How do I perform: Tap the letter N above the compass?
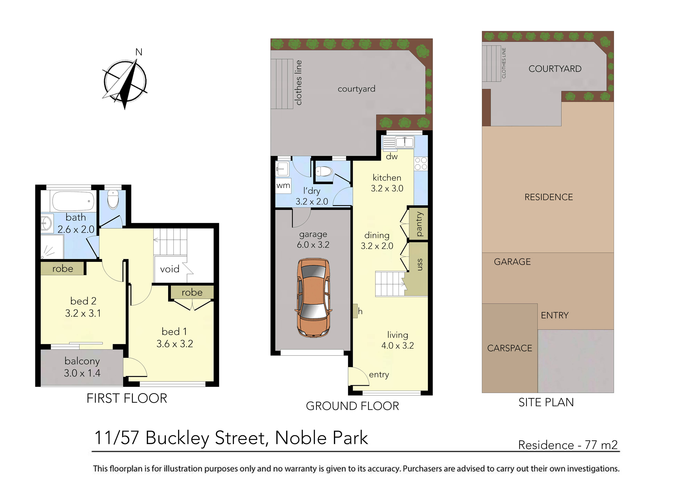[x=139, y=52]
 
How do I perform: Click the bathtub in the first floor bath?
[x=73, y=201]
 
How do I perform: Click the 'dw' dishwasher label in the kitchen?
[x=392, y=157]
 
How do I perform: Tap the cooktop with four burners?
[x=421, y=164]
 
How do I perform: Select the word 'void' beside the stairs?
[x=169, y=269]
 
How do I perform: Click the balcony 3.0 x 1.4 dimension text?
[x=82, y=373]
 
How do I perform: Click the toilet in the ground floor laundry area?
[x=324, y=172]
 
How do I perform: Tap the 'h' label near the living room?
[x=360, y=311]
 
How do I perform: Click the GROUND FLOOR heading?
[x=352, y=406]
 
